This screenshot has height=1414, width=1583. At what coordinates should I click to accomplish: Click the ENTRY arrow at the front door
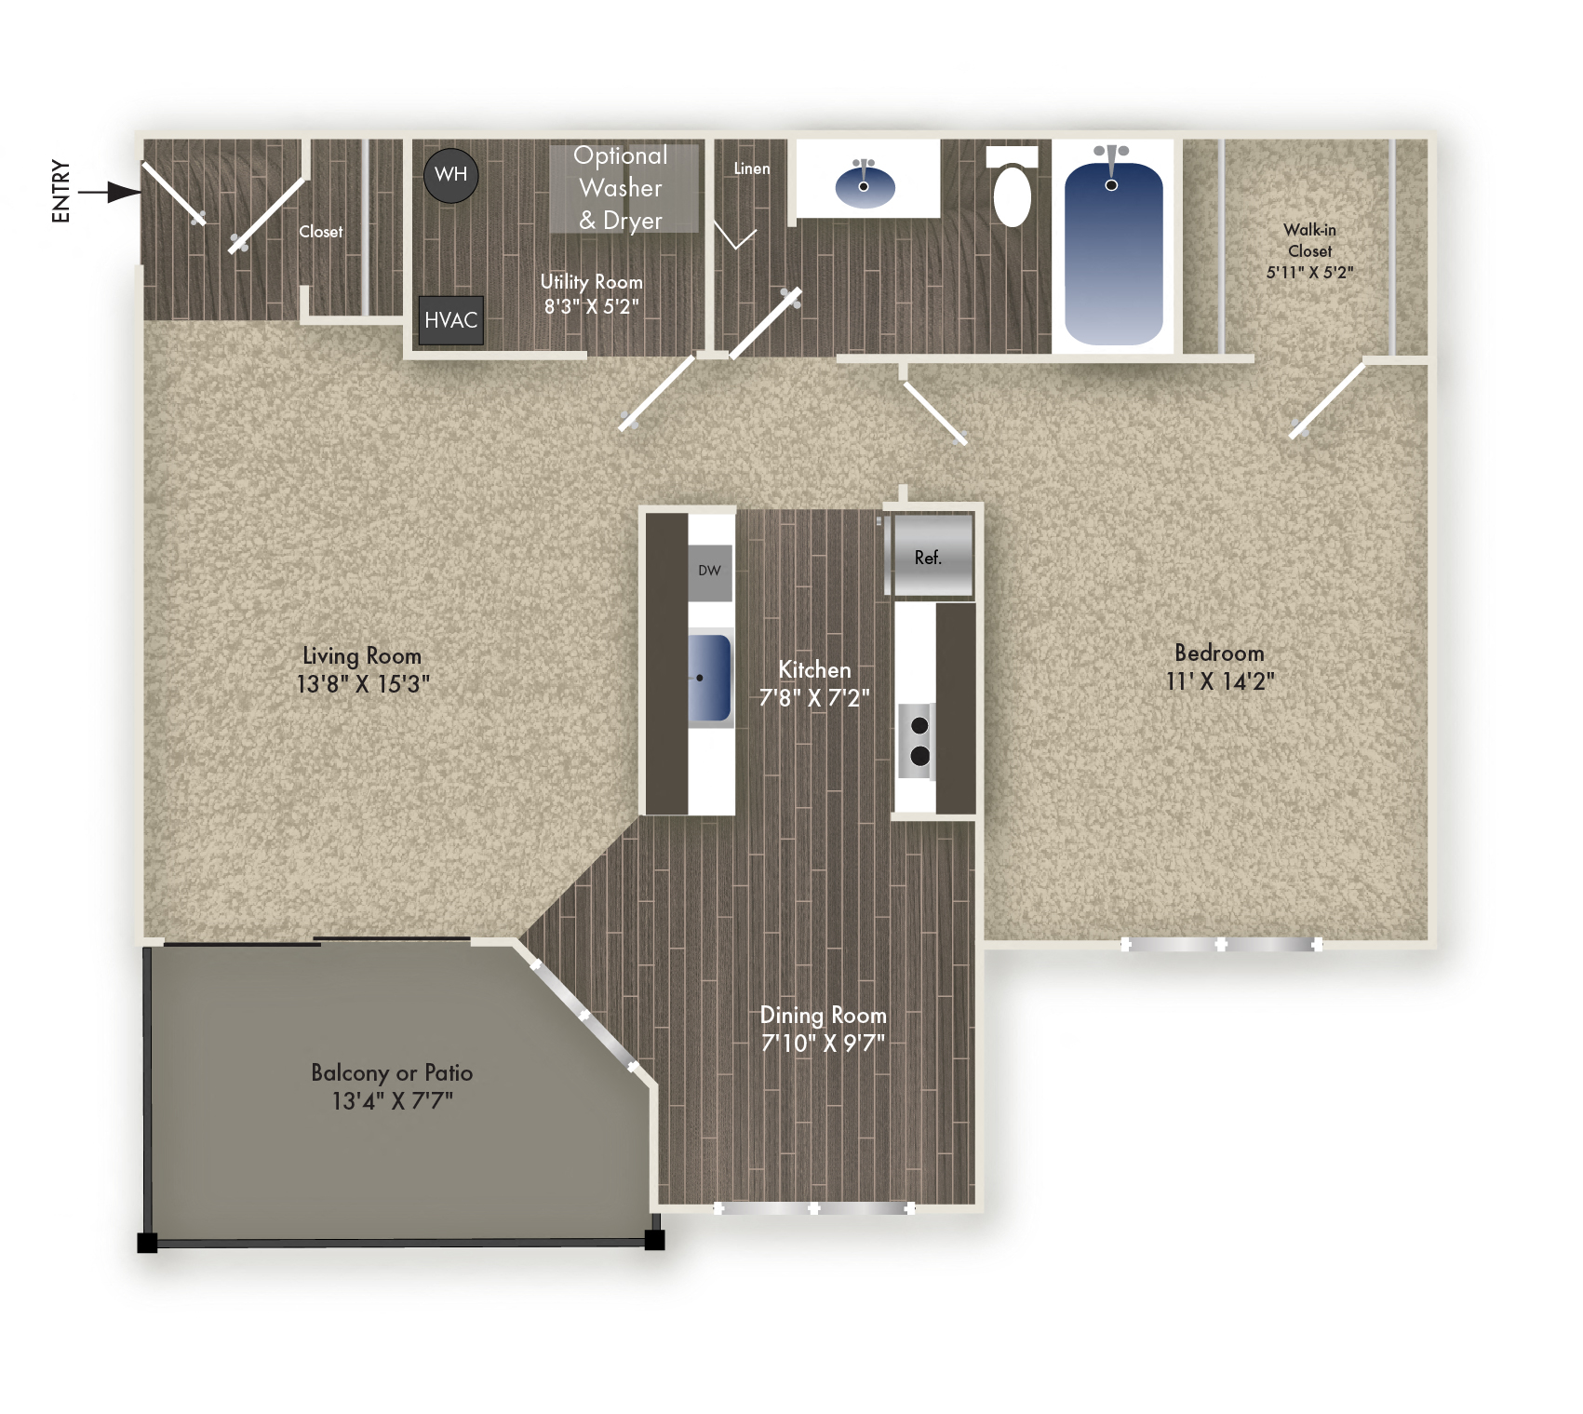click(x=110, y=192)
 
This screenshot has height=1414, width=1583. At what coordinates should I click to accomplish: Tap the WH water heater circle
click(x=450, y=175)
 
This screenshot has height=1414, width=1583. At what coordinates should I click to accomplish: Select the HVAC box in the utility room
click(x=450, y=320)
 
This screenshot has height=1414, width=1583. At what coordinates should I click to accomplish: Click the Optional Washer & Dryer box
click(x=622, y=188)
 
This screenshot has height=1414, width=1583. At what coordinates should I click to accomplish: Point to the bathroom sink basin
click(x=865, y=185)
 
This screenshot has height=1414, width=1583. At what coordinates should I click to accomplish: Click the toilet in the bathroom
click(x=1012, y=193)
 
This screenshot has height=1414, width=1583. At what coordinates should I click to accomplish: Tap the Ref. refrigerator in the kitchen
click(x=929, y=557)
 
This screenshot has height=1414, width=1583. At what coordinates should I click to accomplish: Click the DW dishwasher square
click(x=709, y=571)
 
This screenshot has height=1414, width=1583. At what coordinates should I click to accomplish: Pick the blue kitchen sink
click(x=709, y=678)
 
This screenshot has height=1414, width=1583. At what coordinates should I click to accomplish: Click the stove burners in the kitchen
click(x=919, y=741)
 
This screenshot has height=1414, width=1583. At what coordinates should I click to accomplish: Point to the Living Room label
click(x=362, y=655)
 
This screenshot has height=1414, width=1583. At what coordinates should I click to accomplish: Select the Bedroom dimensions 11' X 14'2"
click(x=1219, y=681)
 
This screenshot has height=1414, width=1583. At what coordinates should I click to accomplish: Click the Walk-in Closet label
click(x=1309, y=240)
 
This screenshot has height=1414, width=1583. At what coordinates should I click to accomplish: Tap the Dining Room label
click(x=823, y=1015)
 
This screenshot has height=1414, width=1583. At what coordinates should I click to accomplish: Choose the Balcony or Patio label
click(x=392, y=1072)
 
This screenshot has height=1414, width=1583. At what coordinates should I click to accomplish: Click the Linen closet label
click(x=751, y=168)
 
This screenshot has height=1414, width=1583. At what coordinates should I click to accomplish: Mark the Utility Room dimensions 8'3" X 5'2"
click(x=592, y=306)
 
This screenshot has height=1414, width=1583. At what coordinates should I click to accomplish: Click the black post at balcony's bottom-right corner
click(x=654, y=1240)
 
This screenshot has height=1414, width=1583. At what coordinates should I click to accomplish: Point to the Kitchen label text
click(x=814, y=669)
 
